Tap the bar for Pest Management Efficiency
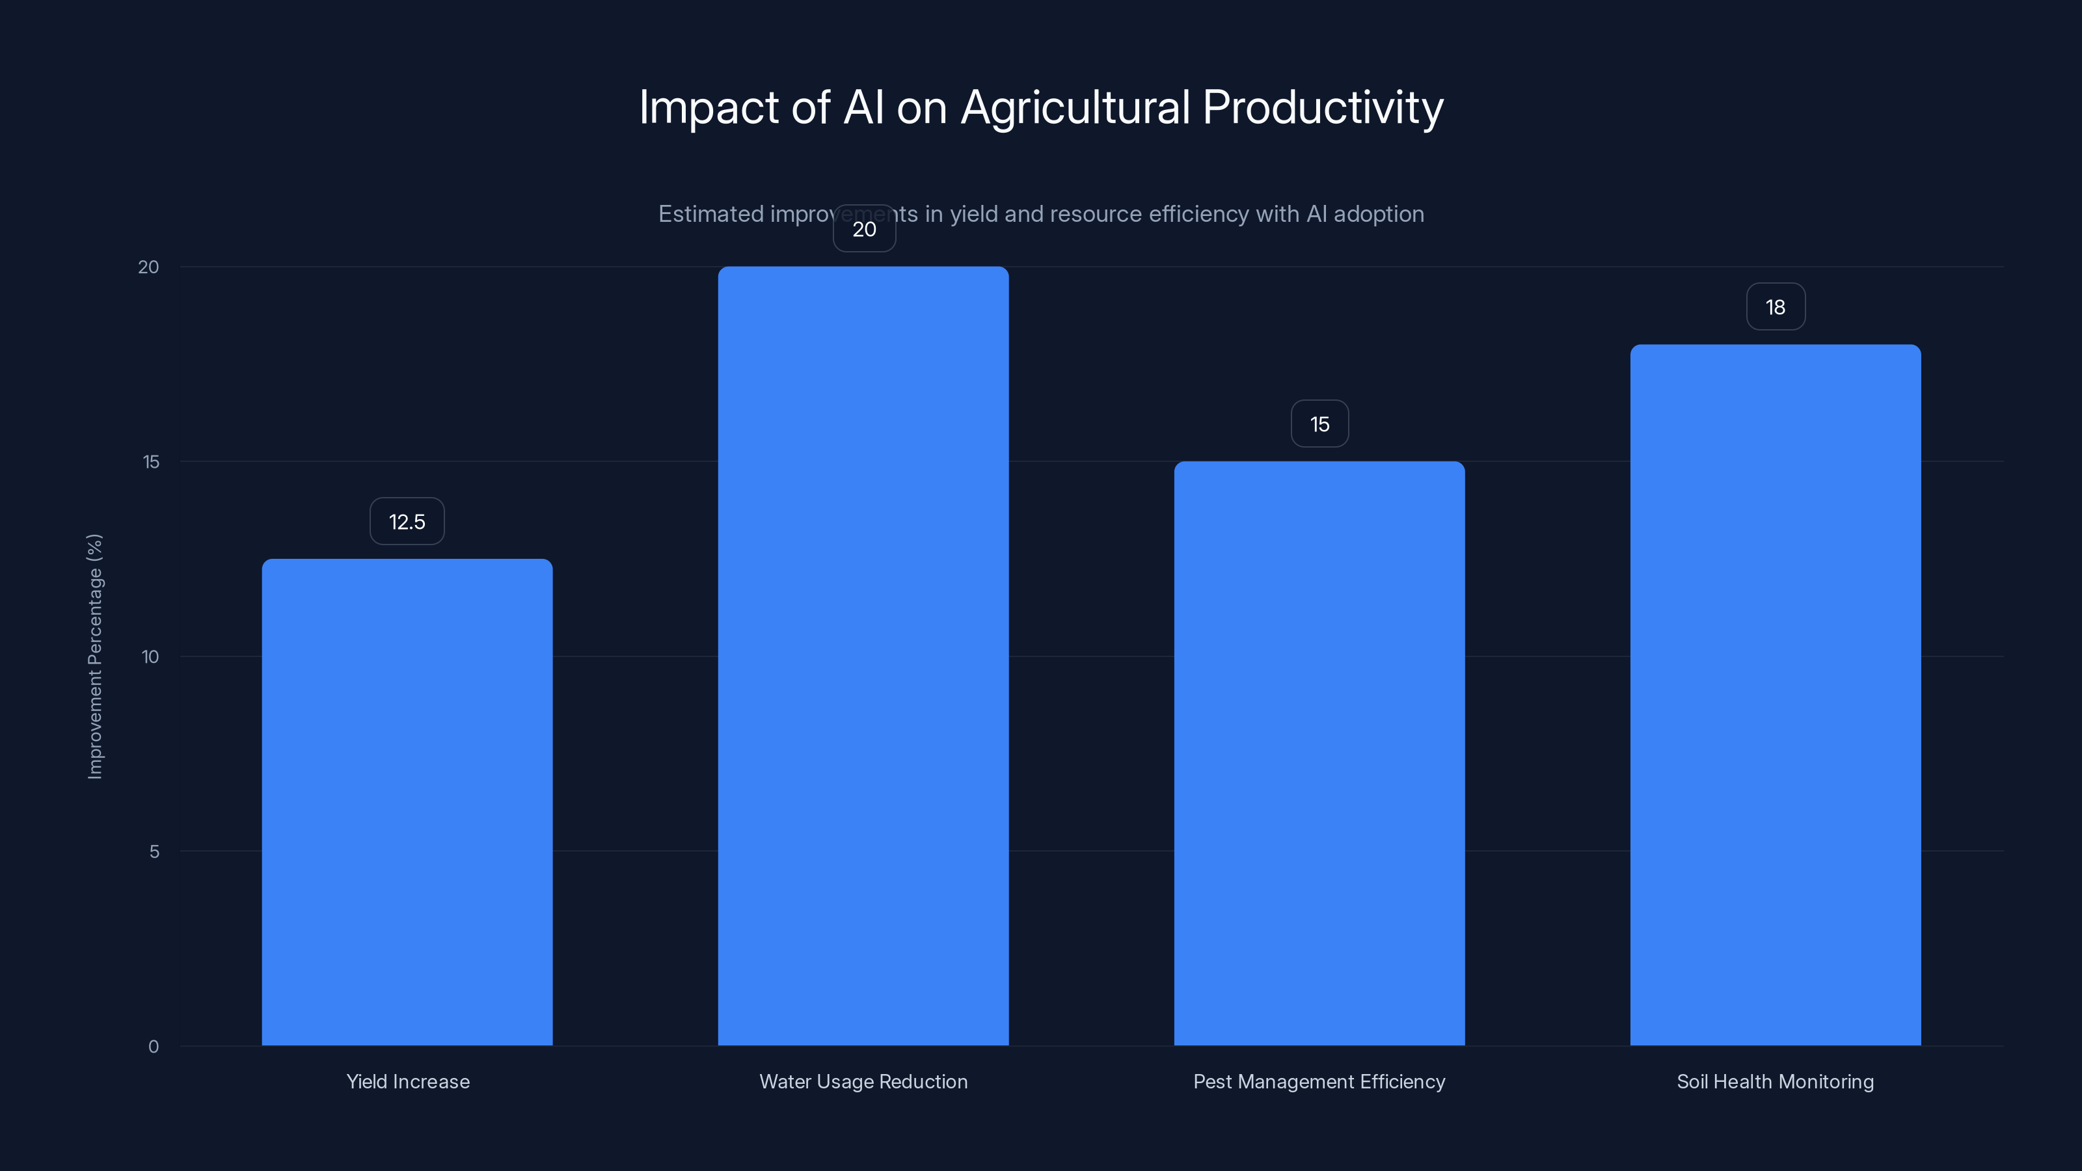click(x=1319, y=753)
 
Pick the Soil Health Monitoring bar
click(x=1775, y=695)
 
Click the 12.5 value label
click(x=407, y=521)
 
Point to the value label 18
click(x=1775, y=307)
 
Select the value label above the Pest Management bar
click(x=1319, y=424)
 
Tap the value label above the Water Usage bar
click(x=864, y=230)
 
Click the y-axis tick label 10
click(x=150, y=657)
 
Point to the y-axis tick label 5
click(x=154, y=852)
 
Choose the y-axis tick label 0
click(x=154, y=1047)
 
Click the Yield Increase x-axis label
click(x=407, y=1082)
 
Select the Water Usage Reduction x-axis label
click(x=863, y=1082)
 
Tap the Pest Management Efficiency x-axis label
click(x=1319, y=1082)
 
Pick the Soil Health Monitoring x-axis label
click(x=1775, y=1082)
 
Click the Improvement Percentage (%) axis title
click(x=94, y=656)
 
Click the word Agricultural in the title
click(x=1075, y=107)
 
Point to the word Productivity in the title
click(x=1322, y=107)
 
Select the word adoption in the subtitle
click(x=1378, y=214)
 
